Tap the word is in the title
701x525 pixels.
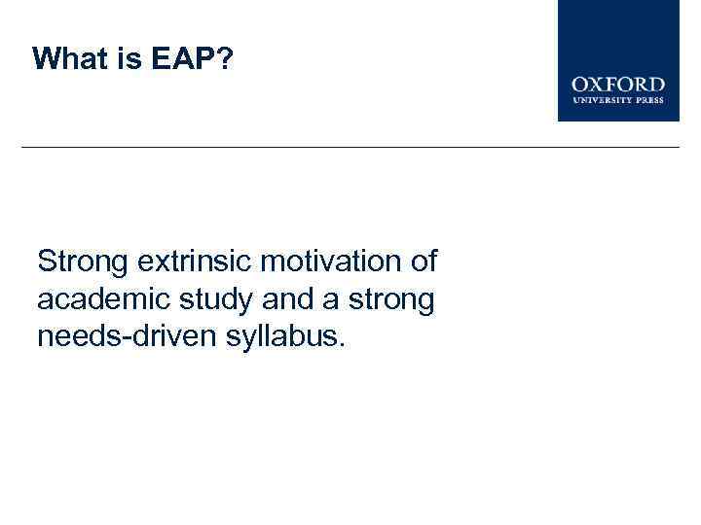(128, 59)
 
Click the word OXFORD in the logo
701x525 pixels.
(618, 86)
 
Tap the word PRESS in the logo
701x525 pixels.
(649, 100)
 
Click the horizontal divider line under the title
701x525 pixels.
(350, 147)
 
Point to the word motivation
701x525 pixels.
(321, 262)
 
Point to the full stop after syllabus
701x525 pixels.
(341, 347)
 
